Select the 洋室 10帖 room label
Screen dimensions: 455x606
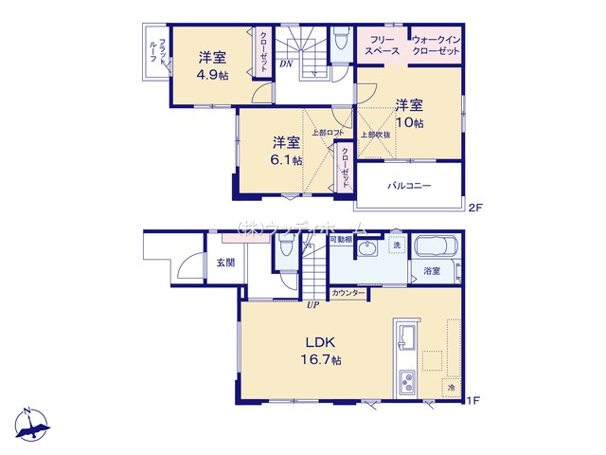point(409,113)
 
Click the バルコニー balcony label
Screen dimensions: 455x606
point(409,186)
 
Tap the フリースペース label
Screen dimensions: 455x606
point(383,45)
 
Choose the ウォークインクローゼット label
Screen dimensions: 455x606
point(436,45)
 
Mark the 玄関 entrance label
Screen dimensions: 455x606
point(224,263)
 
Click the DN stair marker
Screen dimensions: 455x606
point(285,64)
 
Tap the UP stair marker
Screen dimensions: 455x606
point(311,305)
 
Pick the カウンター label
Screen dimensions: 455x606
point(349,294)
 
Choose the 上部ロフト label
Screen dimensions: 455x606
point(328,133)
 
